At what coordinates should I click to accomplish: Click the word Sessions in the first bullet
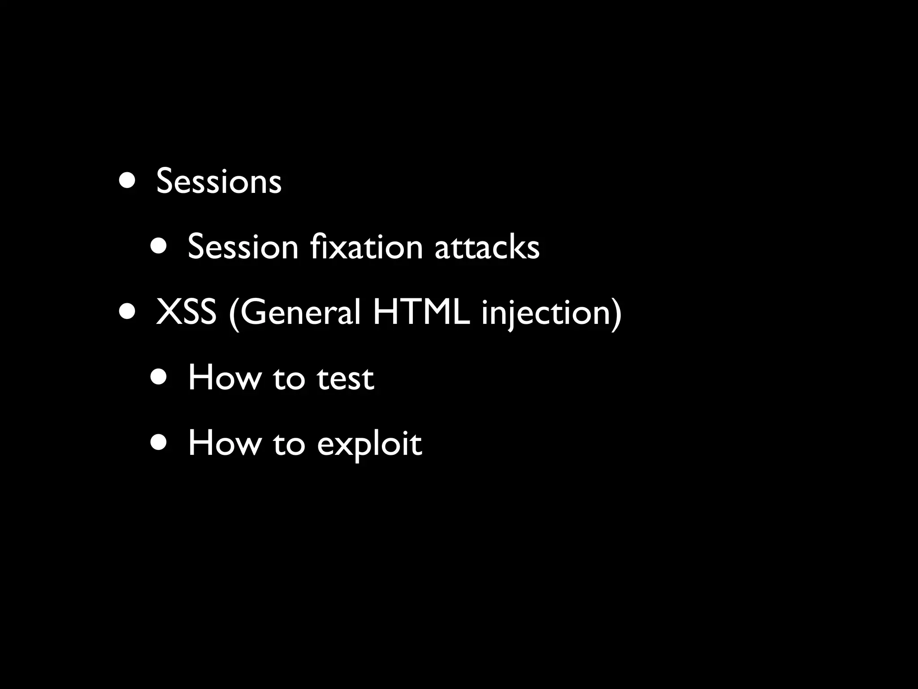point(219,181)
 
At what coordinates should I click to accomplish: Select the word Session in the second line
point(242,247)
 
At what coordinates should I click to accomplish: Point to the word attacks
point(487,247)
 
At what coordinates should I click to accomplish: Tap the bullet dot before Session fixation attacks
point(159,246)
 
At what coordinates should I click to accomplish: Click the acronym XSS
point(186,312)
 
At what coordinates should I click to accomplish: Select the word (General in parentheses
point(294,312)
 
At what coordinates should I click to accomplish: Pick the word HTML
point(421,312)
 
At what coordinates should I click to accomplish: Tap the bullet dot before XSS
point(127,311)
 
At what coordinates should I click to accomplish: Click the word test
point(345,378)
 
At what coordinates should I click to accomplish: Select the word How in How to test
point(225,378)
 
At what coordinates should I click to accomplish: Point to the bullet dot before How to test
point(159,377)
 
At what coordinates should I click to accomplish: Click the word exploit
point(369,444)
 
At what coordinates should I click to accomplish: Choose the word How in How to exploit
point(225,443)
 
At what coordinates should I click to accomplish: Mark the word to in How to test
point(289,378)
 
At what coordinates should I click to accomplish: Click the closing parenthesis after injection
point(617,313)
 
